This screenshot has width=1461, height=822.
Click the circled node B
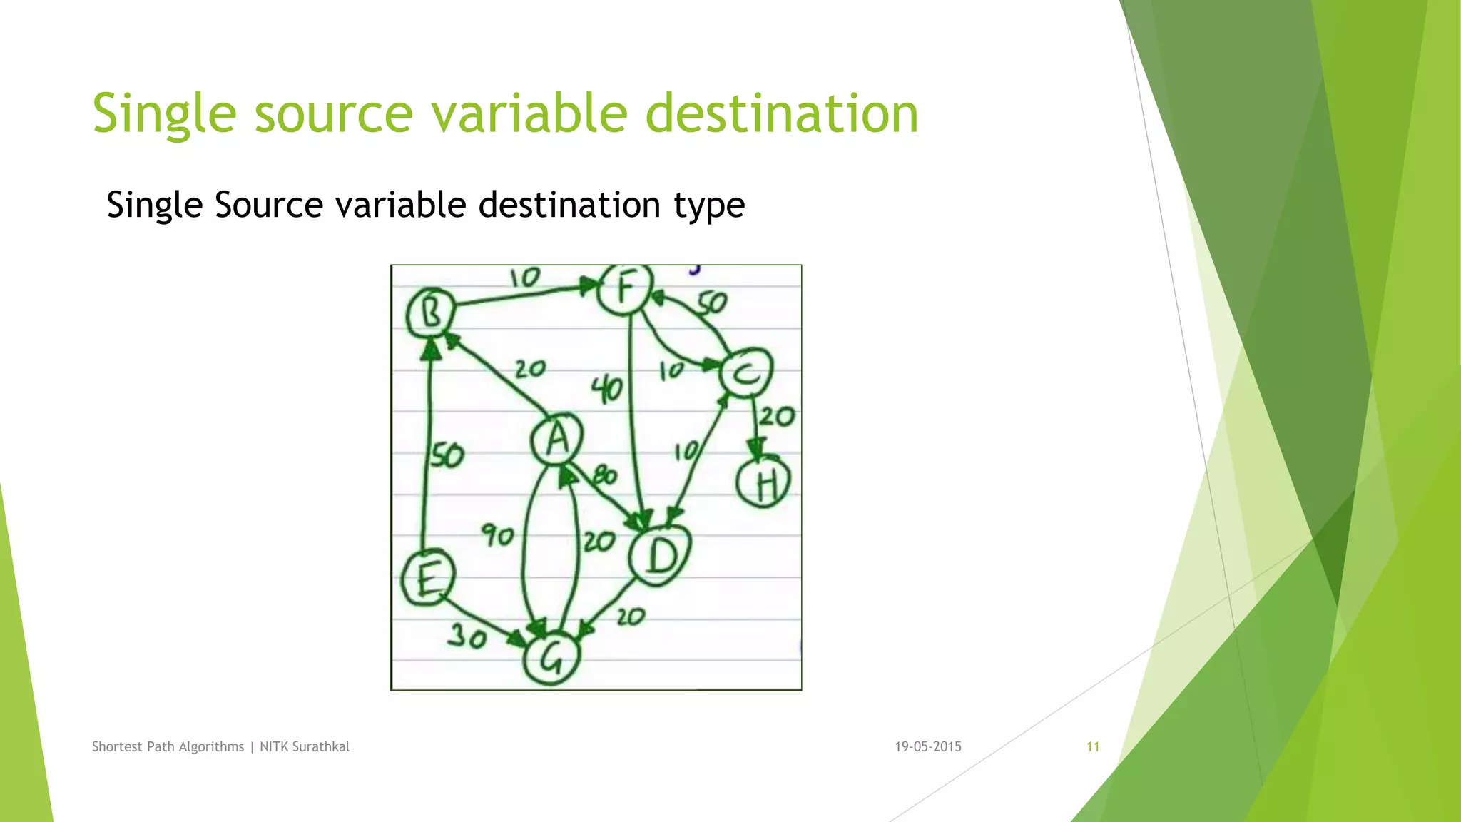(431, 313)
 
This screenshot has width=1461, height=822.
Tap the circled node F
(625, 289)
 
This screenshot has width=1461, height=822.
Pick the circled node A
(557, 438)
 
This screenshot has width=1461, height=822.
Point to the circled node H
(764, 483)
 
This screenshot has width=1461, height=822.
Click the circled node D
(661, 555)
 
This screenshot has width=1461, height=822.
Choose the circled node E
(427, 578)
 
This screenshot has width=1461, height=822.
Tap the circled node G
(551, 659)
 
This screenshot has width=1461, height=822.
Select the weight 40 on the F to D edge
(607, 390)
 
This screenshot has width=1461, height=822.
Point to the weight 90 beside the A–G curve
(497, 534)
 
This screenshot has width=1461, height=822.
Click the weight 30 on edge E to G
(467, 635)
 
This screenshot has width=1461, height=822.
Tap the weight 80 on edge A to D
(605, 475)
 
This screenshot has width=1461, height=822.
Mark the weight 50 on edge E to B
(448, 455)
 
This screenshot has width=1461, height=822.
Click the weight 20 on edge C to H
(776, 416)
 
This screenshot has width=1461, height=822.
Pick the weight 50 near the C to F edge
(711, 303)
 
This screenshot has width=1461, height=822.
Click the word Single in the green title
(164, 114)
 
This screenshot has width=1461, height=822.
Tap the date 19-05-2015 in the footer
(928, 746)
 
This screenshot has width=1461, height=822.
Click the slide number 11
(1093, 746)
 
